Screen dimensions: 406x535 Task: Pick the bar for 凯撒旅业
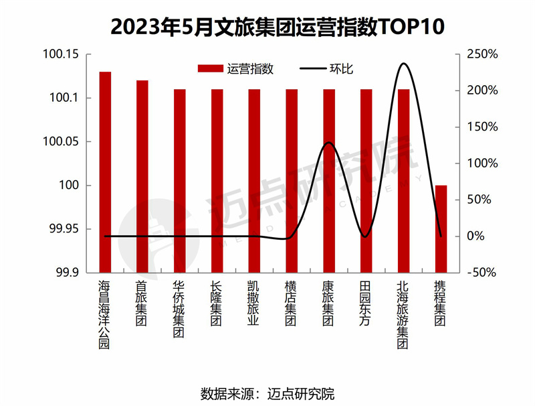tap(254, 181)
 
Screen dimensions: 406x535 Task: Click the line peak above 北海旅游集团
tap(403, 64)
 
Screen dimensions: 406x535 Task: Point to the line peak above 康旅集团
tap(328, 143)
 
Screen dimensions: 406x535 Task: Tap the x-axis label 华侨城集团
tap(179, 309)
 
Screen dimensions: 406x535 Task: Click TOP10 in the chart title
tap(408, 27)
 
